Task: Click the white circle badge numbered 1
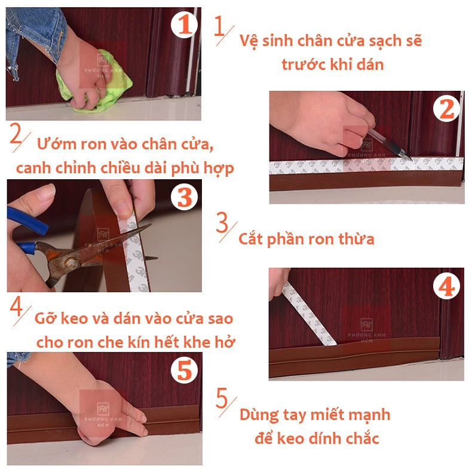click(x=184, y=24)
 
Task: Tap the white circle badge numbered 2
click(x=446, y=108)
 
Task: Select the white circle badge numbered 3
click(x=185, y=197)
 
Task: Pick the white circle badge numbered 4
click(x=446, y=286)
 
